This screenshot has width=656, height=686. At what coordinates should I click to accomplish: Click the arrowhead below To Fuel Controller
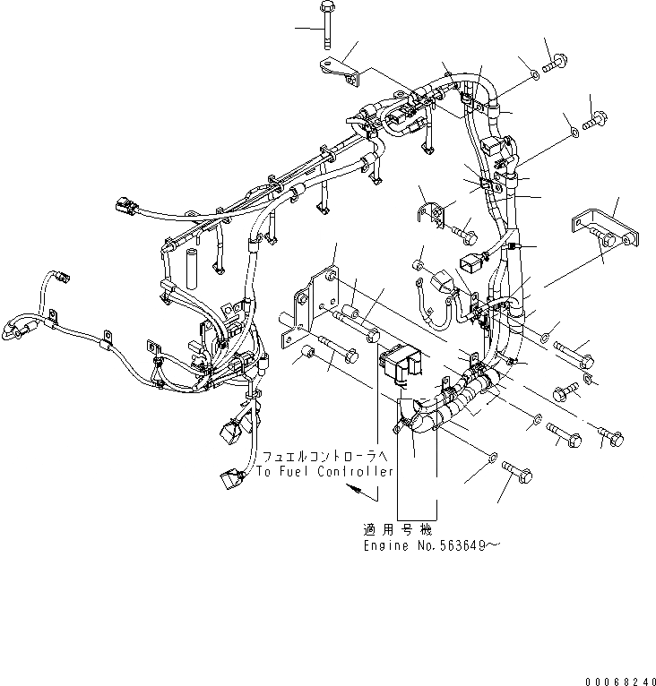pyautogui.click(x=357, y=491)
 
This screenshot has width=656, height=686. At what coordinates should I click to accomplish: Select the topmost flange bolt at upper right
pyautogui.click(x=556, y=59)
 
